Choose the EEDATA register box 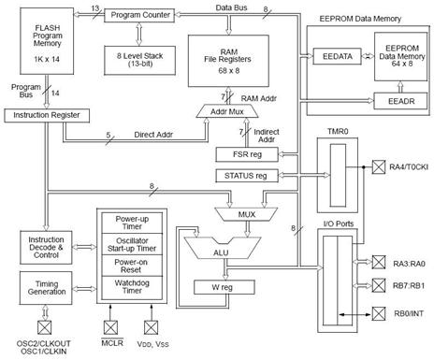[x=337, y=58]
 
